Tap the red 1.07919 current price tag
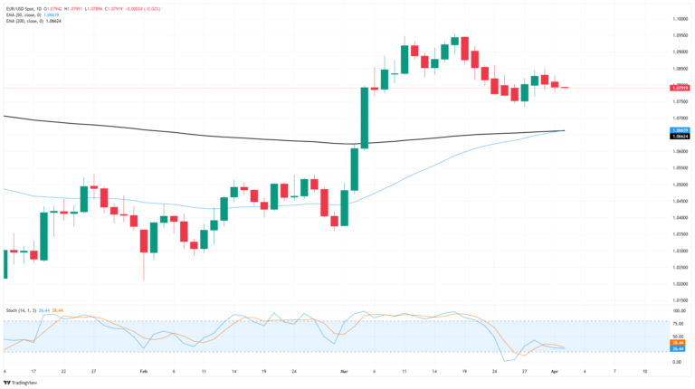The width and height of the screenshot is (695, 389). click(681, 88)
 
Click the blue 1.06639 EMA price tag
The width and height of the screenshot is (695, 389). click(681, 130)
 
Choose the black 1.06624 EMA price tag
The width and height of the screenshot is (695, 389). click(681, 137)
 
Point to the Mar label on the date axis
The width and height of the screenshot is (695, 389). click(344, 371)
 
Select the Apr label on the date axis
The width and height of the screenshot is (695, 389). click(553, 371)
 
